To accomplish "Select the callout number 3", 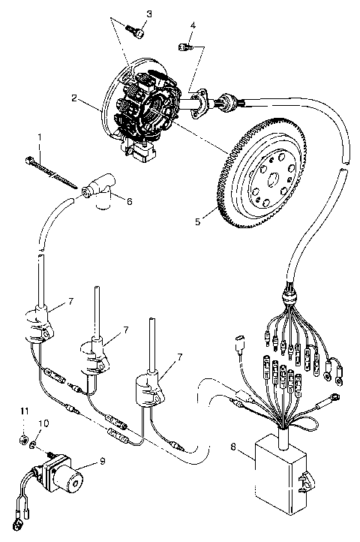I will [148, 14].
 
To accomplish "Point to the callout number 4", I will [193, 27].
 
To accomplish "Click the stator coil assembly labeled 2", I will [146, 105].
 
